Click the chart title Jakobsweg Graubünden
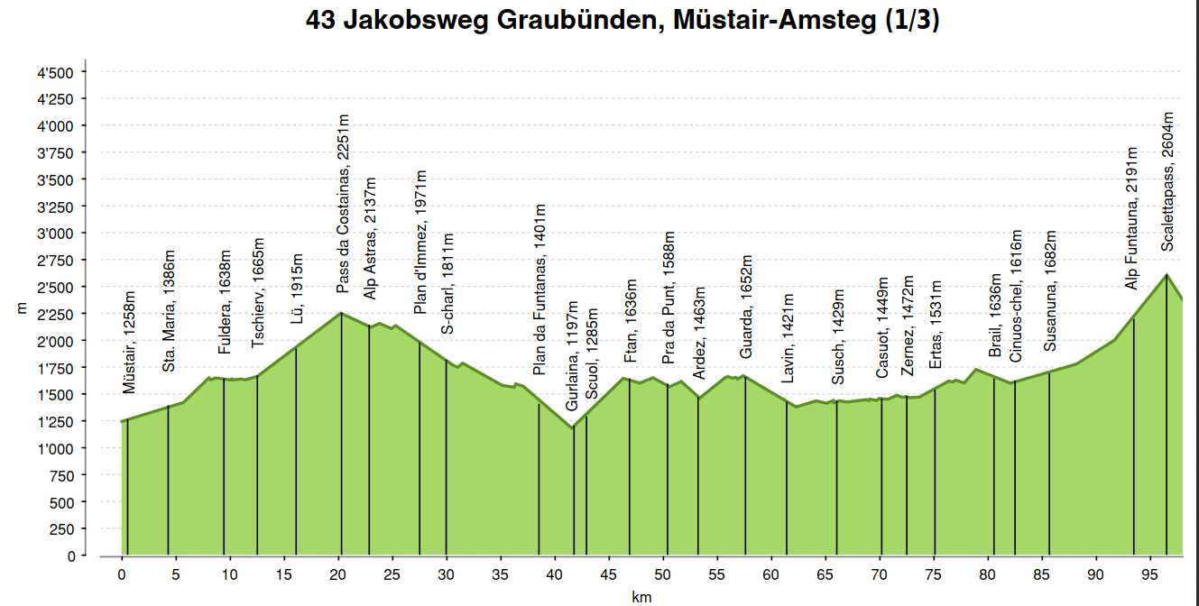623,20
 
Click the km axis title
641,597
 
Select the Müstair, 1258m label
129,343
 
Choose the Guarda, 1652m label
746,307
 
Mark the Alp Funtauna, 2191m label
1131,217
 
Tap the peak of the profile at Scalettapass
1167,274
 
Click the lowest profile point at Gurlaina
573,427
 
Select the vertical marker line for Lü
296,451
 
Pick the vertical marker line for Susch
836,478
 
